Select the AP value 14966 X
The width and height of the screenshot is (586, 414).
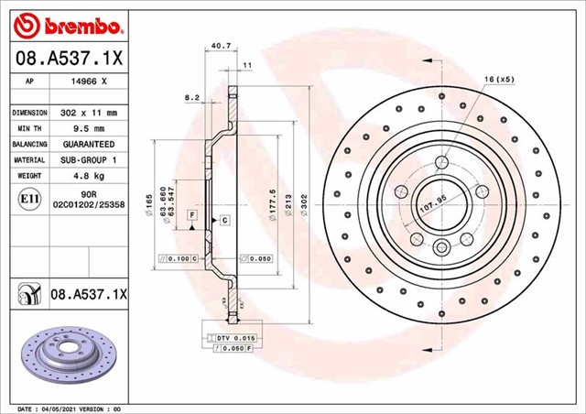(89, 82)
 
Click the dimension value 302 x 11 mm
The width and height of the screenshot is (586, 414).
(89, 112)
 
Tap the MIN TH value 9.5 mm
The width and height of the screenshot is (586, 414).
(89, 128)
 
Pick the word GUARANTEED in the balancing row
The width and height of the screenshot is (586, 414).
(89, 145)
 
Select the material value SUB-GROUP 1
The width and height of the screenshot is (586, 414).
(89, 160)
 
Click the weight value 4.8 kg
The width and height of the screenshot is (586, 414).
(89, 176)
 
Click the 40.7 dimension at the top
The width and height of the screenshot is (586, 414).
(221, 42)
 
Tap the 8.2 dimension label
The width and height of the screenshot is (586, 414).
(192, 96)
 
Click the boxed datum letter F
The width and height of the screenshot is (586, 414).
(192, 213)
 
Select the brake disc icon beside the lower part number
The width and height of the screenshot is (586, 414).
(27, 294)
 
